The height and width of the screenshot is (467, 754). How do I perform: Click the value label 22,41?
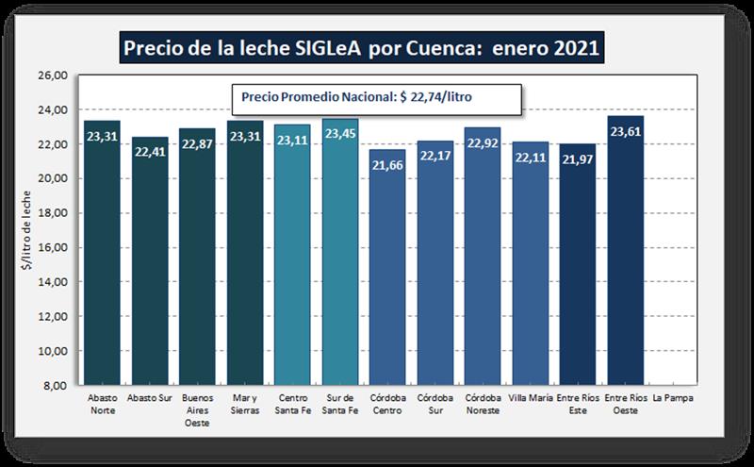tap(150, 152)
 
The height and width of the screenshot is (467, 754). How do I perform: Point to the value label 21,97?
tap(578, 158)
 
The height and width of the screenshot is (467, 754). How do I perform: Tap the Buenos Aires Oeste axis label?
tap(197, 410)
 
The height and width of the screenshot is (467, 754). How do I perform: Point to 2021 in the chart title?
tap(574, 47)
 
